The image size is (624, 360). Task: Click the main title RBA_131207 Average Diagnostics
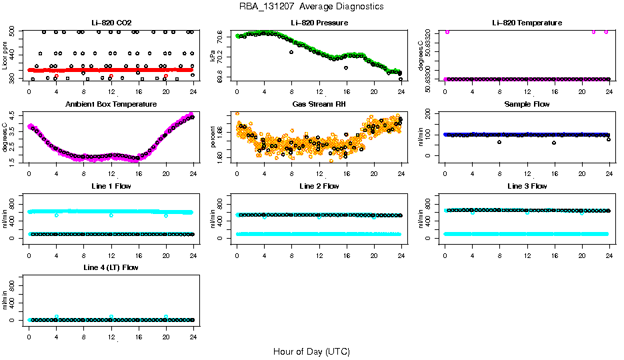click(x=311, y=7)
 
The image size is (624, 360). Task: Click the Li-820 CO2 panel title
click(x=111, y=23)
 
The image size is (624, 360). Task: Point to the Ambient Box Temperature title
click(x=111, y=105)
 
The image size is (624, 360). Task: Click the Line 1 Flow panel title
click(x=111, y=186)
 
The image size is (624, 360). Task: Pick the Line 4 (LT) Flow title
click(x=111, y=268)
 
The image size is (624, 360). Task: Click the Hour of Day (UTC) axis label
click(x=311, y=351)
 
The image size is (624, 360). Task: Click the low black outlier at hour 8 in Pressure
click(x=291, y=51)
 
